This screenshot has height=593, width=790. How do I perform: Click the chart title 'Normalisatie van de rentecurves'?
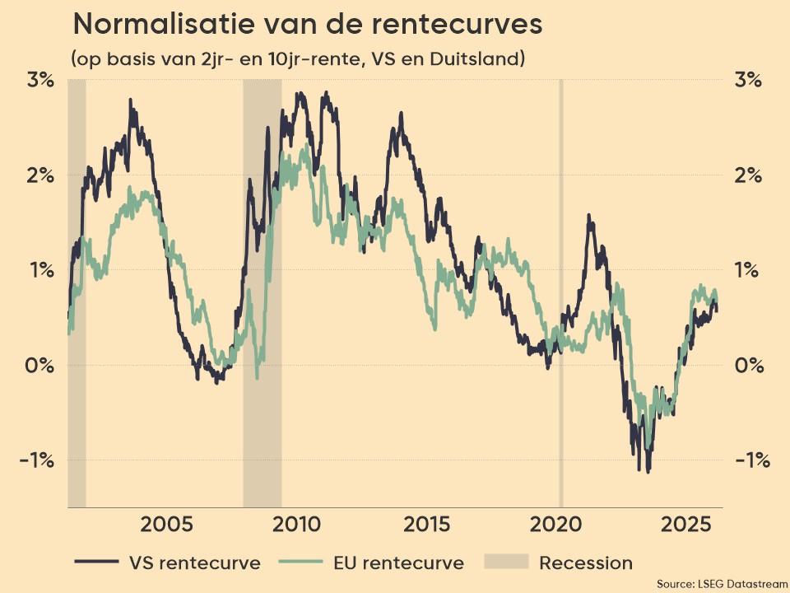[x=307, y=24]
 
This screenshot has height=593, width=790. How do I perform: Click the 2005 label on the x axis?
[x=167, y=525]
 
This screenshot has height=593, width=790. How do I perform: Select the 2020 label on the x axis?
[x=557, y=525]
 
